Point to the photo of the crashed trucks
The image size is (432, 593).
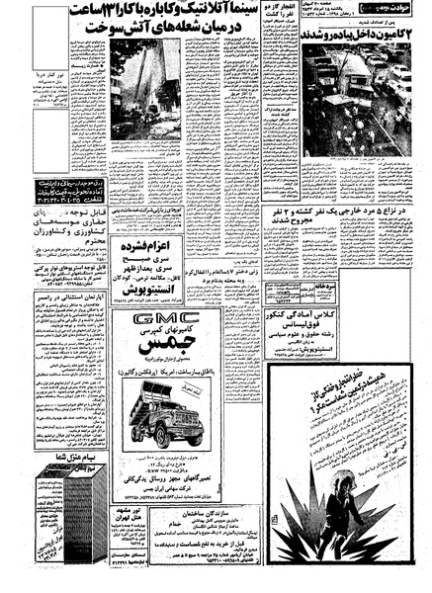(x=364, y=100)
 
